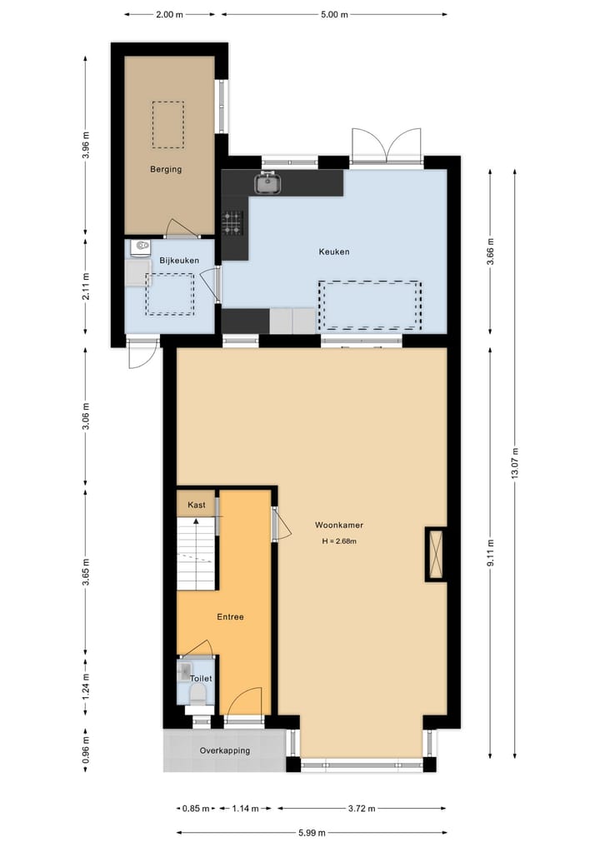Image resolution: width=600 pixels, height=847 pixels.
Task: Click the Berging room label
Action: [166, 169]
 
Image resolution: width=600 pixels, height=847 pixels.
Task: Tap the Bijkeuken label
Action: [179, 261]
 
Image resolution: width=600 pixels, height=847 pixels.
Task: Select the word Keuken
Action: [333, 252]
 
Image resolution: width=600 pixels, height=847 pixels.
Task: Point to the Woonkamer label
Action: [339, 526]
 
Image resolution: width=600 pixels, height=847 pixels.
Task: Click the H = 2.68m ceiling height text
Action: [339, 542]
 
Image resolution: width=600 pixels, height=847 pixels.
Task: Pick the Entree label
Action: [230, 618]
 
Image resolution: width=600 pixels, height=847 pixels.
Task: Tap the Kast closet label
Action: [197, 505]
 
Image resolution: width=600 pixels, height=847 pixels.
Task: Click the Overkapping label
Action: [224, 750]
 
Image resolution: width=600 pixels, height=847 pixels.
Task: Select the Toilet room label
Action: [201, 679]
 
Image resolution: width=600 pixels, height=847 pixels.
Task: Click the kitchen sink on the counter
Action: [267, 182]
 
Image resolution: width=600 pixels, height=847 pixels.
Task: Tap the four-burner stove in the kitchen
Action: [232, 221]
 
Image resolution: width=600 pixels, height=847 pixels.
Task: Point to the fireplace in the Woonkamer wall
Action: [435, 554]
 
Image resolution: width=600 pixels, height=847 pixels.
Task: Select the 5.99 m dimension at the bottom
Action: [310, 832]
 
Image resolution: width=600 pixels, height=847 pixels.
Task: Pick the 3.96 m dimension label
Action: [86, 142]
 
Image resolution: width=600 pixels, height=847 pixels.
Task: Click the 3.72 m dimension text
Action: [361, 809]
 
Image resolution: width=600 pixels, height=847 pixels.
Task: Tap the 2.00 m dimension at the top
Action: [169, 14]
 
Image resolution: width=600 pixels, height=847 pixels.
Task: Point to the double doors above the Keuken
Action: [387, 146]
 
